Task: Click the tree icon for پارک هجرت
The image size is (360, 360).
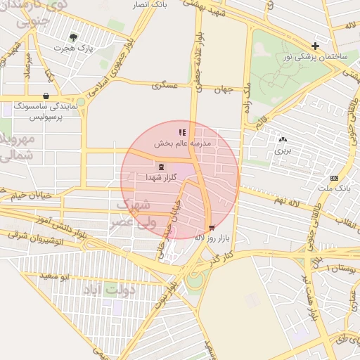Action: coord(73,37)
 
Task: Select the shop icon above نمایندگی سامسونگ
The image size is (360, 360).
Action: coord(46,96)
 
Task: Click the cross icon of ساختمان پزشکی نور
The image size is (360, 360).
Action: coord(316,46)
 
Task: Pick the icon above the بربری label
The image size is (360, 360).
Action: coord(283,140)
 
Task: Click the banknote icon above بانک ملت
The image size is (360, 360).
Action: coord(333,178)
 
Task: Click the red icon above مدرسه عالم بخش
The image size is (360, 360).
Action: coord(182,132)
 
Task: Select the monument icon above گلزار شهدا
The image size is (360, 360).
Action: coord(162,167)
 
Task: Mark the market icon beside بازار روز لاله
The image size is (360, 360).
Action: coord(212,227)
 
